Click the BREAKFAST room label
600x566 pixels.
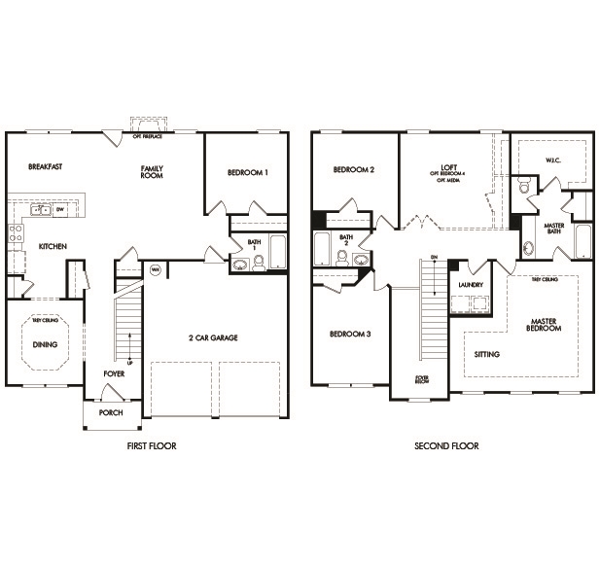[x=46, y=167]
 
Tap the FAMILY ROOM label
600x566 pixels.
[x=152, y=172]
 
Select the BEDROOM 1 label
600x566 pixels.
[x=247, y=172]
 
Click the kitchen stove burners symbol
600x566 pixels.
[x=15, y=233]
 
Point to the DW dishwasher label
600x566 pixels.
[x=60, y=209]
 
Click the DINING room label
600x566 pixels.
[x=45, y=344]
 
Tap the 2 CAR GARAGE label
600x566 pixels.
[x=213, y=337]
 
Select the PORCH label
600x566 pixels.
[x=110, y=411]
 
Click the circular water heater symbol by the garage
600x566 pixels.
[x=155, y=269]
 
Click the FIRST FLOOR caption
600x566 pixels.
[x=152, y=446]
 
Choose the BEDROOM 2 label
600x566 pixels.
[x=353, y=169]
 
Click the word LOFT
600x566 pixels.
[x=448, y=166]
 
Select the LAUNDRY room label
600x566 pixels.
[x=471, y=285]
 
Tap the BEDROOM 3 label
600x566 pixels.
[x=349, y=334]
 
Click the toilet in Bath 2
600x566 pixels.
[x=342, y=258]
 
